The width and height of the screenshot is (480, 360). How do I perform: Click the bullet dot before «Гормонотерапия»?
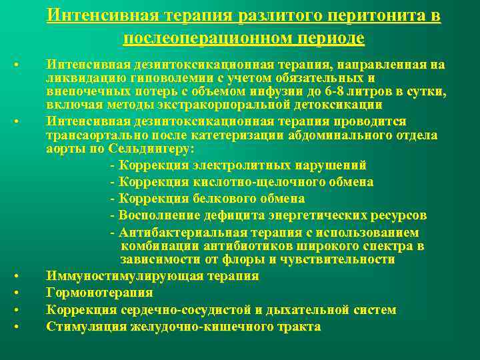(16, 293)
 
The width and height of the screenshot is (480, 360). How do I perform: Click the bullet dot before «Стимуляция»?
(16, 327)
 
